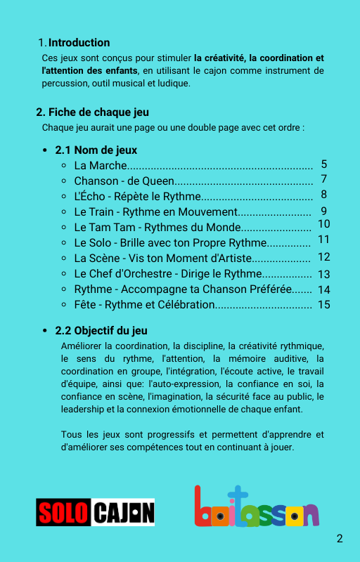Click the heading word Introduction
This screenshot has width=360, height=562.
click(x=79, y=43)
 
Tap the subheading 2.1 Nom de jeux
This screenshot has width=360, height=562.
click(x=96, y=150)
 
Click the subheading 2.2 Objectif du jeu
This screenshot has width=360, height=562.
click(x=101, y=330)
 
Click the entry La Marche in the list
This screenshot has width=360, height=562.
click(x=101, y=166)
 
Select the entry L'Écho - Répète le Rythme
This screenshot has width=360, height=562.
click(x=137, y=196)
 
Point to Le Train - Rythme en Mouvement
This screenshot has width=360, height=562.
click(x=155, y=211)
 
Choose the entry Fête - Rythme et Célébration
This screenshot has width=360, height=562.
click(x=144, y=304)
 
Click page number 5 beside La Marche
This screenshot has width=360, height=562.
click(x=323, y=164)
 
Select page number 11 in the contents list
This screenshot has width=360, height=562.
click(x=323, y=240)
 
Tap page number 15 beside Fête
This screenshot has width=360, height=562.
click(x=323, y=304)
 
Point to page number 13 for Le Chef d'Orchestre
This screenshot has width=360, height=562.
click(x=323, y=274)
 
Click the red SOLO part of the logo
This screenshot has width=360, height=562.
click(x=63, y=512)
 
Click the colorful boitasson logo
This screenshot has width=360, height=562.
click(x=256, y=507)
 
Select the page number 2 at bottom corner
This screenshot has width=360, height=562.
click(x=340, y=539)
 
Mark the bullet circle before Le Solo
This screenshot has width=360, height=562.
click(x=64, y=243)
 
